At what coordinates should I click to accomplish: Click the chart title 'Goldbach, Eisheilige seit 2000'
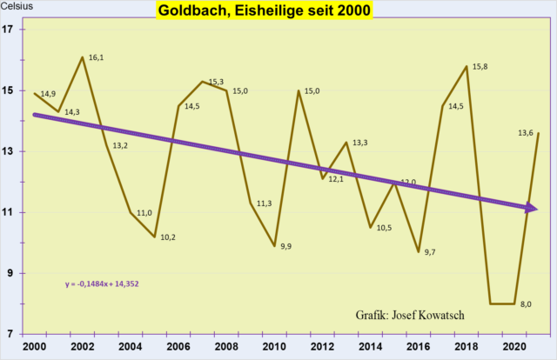264,11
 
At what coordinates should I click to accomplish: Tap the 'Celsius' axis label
18,10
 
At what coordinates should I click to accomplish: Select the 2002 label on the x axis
83,346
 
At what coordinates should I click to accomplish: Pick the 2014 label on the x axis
370,346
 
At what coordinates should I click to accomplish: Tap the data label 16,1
97,57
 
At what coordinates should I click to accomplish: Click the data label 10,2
169,237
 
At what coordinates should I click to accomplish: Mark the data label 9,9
287,247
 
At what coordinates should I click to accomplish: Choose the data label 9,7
430,252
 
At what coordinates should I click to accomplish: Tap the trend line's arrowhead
532,208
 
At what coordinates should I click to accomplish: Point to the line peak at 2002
83,57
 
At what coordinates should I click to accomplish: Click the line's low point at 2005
154,237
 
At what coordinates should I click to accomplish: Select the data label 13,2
120,145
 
